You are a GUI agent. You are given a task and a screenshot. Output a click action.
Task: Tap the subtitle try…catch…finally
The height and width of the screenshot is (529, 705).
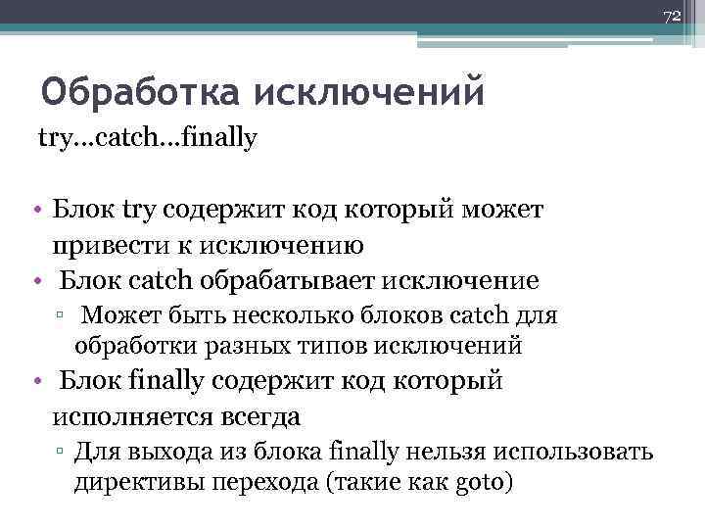click(x=147, y=138)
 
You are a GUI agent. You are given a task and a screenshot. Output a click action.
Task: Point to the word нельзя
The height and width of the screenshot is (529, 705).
click(x=436, y=454)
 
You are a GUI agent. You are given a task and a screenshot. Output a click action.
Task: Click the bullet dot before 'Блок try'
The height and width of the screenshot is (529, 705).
click(x=34, y=210)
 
